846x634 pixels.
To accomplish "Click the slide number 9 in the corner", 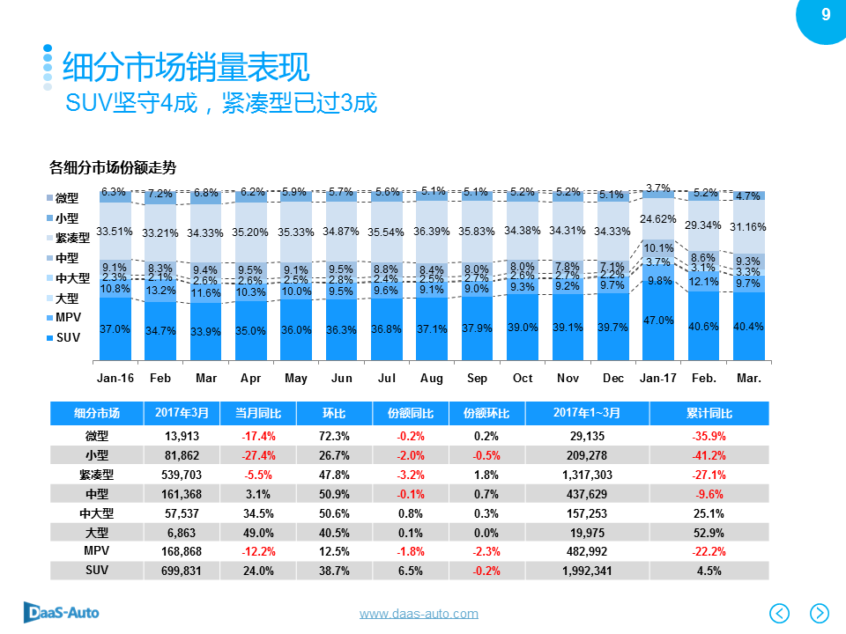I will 825,14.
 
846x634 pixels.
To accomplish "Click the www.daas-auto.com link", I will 419,614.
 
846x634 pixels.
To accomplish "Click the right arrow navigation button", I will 819,612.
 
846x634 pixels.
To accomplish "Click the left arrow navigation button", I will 780,612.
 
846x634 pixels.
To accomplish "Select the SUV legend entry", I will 67,337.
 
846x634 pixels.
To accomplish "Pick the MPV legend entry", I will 67,318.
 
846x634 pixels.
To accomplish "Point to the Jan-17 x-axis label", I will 657,378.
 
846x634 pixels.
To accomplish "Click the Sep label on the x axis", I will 477,378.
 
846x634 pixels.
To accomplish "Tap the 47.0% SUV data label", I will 658,321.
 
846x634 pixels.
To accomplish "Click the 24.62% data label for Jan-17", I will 658,218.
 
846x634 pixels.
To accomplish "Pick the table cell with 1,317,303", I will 586,475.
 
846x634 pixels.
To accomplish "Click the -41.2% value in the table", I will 709,455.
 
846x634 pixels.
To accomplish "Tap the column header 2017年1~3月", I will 586,413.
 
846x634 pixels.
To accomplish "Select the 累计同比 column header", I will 709,413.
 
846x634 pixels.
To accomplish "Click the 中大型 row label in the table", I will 96,512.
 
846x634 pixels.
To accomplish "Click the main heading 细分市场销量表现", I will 185,68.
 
